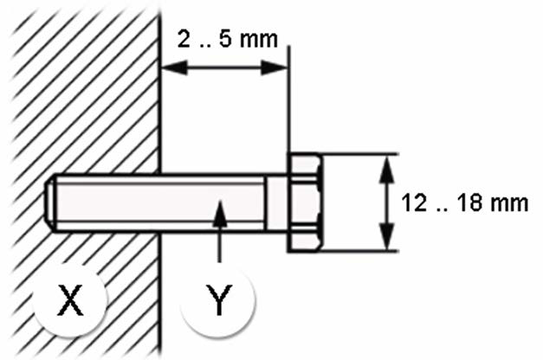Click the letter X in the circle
coord(70,299)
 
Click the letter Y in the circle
coord(219,299)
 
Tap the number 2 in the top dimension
coord(184,39)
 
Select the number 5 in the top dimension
coord(226,39)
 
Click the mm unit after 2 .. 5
coord(259,40)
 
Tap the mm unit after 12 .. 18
coord(509,203)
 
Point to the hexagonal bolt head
coord(304,202)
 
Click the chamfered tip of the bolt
coord(50,202)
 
